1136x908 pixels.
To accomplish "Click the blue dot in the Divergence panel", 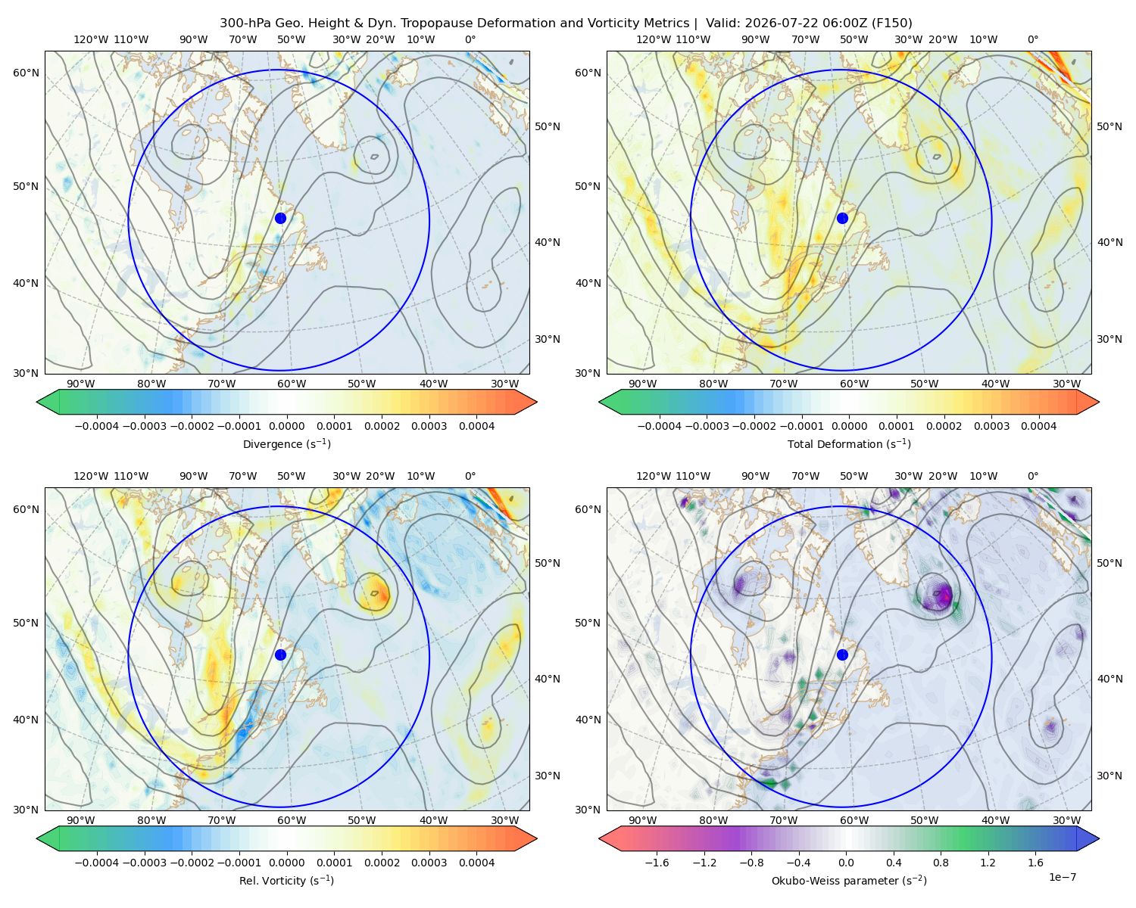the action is [280, 218].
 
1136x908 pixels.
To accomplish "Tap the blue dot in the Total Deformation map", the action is [842, 218].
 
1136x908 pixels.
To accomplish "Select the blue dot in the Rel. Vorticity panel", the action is [280, 655].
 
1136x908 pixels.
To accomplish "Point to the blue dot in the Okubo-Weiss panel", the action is [842, 655].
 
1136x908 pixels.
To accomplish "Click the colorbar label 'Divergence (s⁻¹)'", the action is [286, 443].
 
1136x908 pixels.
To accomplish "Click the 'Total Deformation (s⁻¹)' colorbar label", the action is [849, 443].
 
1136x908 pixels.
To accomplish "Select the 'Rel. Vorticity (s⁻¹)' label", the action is [286, 880].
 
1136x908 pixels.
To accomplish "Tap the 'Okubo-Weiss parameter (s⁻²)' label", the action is [849, 880].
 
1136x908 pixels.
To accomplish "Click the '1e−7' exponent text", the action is [1062, 877].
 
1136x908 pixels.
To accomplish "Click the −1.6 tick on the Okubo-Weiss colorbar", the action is [657, 863].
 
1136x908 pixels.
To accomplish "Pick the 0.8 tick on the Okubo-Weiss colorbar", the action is [941, 863].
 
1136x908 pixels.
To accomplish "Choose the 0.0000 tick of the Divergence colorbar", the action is [286, 426].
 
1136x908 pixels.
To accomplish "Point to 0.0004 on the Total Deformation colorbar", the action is [1038, 426].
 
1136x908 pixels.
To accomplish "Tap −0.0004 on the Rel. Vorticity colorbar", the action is [97, 863].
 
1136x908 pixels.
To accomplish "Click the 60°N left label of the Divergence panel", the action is [26, 73].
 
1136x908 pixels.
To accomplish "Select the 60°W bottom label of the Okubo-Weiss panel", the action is [854, 820].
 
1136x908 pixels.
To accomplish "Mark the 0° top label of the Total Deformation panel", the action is [1032, 39].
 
